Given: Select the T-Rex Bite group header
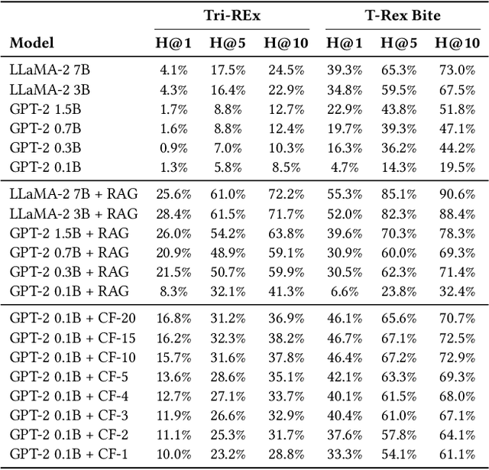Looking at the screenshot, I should click(402, 15).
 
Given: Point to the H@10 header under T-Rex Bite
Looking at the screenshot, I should click(455, 43).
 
